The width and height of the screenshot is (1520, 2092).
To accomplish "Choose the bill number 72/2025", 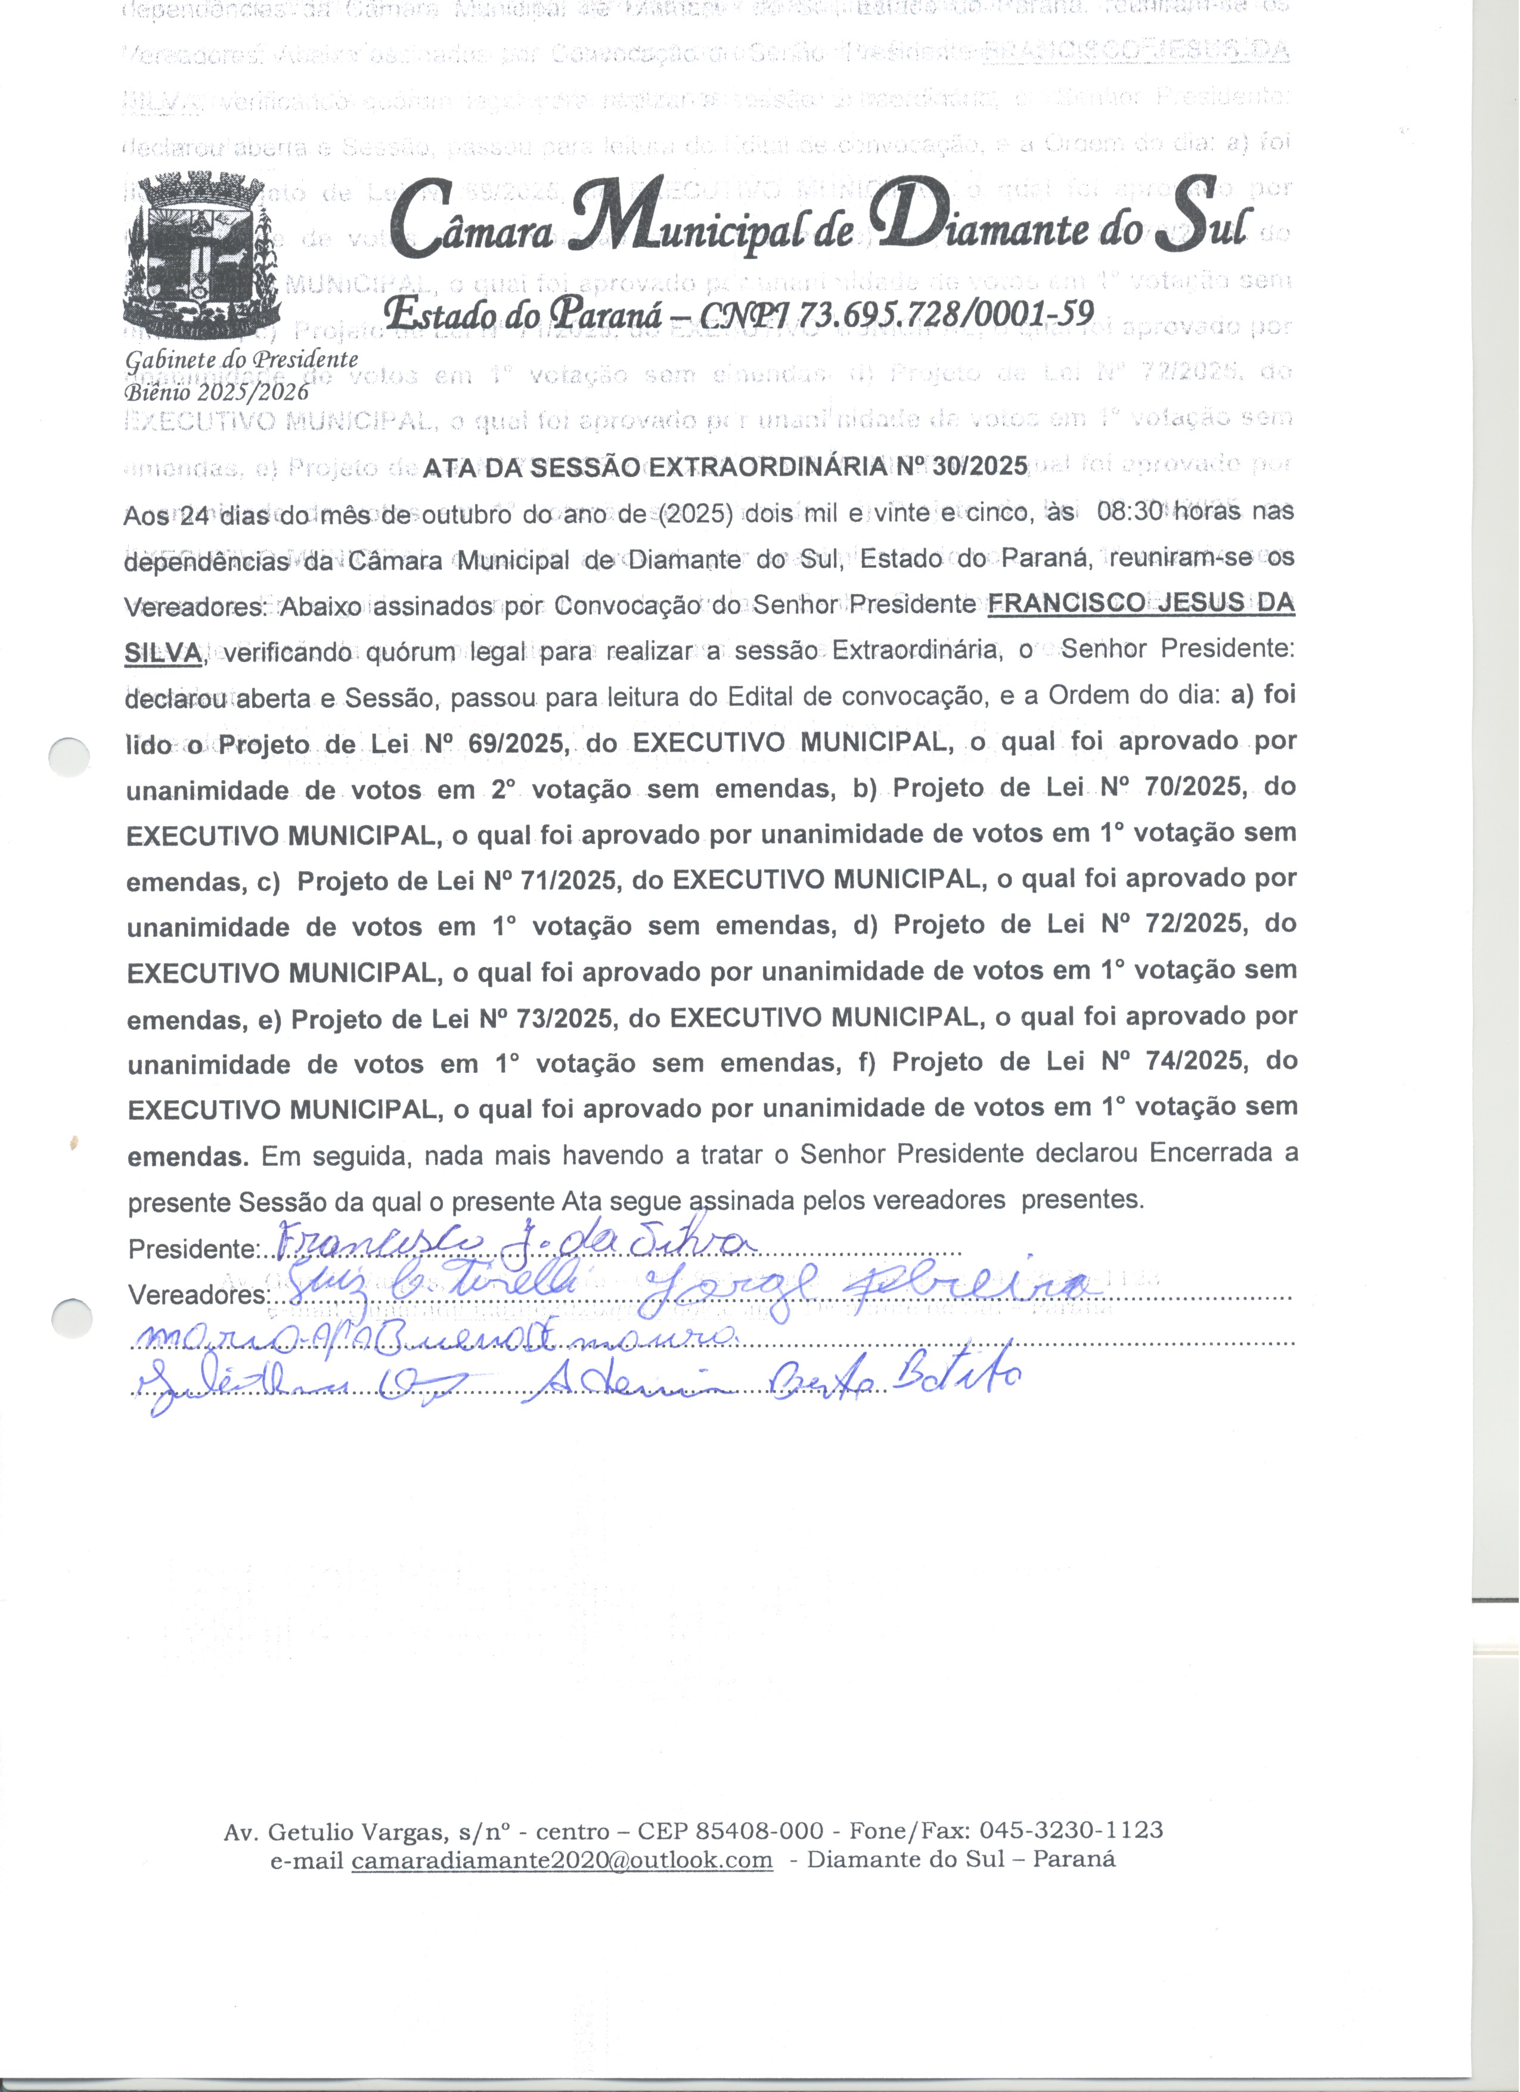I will pos(1195,925).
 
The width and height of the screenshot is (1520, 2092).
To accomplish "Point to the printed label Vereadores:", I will pos(197,1296).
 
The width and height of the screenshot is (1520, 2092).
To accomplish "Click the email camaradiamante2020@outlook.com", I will pos(562,1860).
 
